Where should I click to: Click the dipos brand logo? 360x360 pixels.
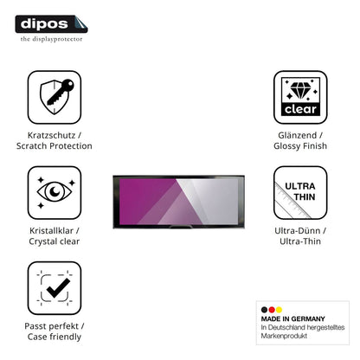point(51,24)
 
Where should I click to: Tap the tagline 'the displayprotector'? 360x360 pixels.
point(51,39)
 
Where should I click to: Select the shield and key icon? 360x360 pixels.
point(57,97)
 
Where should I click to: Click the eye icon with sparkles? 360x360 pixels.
point(55,192)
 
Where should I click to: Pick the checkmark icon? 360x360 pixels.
point(59,287)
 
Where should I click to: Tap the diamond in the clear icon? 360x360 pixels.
point(300,90)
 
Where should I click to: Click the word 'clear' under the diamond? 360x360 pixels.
point(300,109)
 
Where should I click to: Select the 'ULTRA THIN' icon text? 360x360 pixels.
point(300,191)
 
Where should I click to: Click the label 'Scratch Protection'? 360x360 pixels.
point(55,146)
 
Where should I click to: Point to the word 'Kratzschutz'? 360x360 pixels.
point(51,135)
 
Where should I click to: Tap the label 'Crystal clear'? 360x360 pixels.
point(55,241)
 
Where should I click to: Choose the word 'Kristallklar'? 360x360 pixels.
point(51,230)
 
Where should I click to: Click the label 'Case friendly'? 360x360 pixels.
point(55,337)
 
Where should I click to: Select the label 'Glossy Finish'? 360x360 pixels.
point(300,146)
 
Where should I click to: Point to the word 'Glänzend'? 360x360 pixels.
point(298,135)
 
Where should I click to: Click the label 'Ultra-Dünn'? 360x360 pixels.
point(298,230)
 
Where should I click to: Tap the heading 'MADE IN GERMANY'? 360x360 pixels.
point(293,318)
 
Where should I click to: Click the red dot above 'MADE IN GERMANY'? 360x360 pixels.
point(272,310)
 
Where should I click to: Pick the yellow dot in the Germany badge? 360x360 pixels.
point(279,310)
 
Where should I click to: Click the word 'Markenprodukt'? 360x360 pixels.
point(284,336)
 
